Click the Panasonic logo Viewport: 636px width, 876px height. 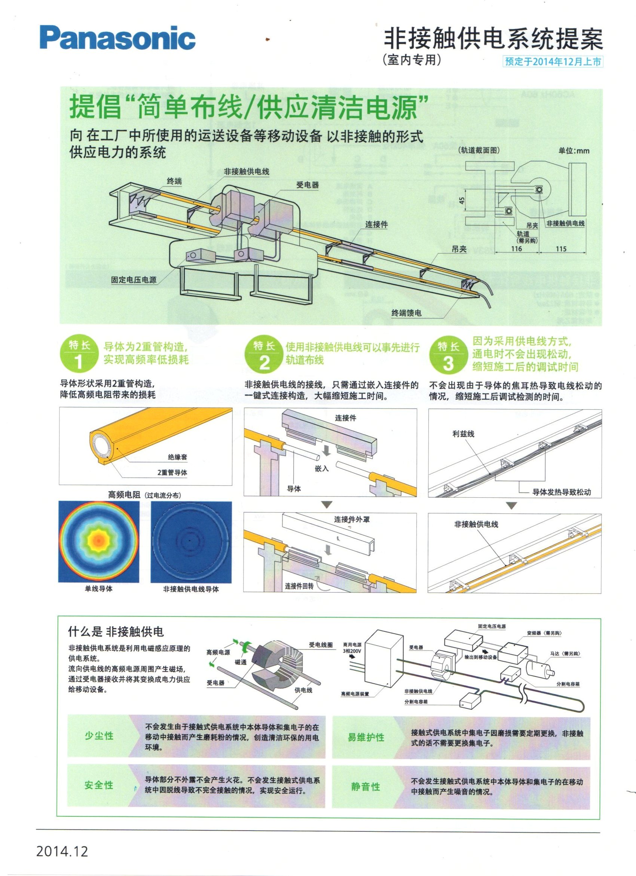coord(117,38)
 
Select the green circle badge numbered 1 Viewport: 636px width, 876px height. coord(79,354)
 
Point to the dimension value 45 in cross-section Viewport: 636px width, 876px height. coord(462,201)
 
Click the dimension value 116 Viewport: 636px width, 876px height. coord(516,249)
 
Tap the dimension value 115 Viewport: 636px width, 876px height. coord(561,249)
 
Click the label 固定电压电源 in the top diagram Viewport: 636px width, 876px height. coord(134,280)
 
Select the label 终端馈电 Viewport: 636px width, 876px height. coord(406,313)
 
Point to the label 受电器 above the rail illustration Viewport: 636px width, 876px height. coord(308,185)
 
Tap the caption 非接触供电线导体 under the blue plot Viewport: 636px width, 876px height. coord(191,589)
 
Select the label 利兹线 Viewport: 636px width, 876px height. coord(463,434)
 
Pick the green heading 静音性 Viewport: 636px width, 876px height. coord(366,787)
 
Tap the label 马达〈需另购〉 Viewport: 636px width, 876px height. coord(565,654)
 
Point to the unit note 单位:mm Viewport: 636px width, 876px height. coord(574,151)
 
